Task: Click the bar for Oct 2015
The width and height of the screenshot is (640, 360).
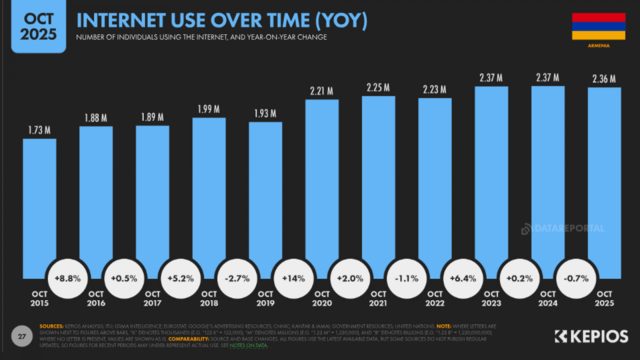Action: (39, 200)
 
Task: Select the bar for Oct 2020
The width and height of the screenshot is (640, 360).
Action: (322, 180)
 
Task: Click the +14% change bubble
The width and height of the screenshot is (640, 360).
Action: (294, 279)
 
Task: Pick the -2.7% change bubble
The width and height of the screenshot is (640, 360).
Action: (237, 279)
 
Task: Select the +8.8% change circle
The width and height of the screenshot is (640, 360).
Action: (68, 279)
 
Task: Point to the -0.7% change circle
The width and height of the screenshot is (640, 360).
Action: (576, 279)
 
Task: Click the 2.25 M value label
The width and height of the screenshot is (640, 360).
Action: (378, 88)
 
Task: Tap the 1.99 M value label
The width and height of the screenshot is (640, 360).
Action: (209, 109)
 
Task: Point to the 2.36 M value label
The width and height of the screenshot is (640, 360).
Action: (604, 79)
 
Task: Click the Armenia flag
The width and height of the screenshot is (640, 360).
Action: (598, 26)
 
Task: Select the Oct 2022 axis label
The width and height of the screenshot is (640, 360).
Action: (435, 298)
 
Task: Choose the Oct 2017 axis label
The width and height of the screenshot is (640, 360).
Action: (152, 298)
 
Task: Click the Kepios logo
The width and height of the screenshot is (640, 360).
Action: (591, 336)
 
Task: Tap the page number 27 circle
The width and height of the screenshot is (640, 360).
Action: (22, 336)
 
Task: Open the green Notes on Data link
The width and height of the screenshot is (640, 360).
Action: (248, 346)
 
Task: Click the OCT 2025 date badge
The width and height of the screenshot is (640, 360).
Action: (38, 27)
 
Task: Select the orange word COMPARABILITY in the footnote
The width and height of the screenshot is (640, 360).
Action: (188, 339)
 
